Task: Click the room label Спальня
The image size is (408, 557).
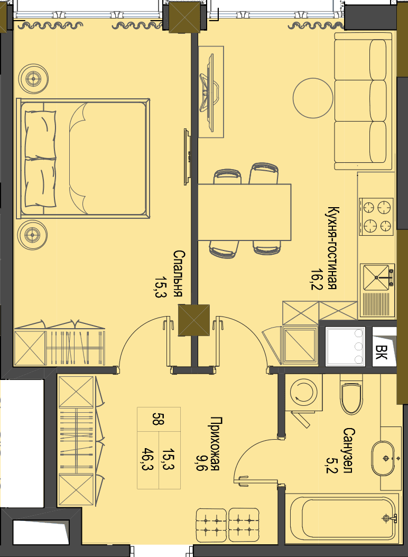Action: pos(179,274)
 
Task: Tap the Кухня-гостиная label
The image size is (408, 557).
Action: pos(332,248)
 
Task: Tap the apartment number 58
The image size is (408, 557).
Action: pos(158,419)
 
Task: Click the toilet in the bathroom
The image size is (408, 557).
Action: pos(351,396)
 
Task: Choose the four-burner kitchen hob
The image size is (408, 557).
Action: pos(376,216)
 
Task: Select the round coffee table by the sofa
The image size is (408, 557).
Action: pos(313,98)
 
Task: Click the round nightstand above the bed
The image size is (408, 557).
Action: pos(33,78)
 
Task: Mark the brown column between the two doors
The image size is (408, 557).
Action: pos(193,320)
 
